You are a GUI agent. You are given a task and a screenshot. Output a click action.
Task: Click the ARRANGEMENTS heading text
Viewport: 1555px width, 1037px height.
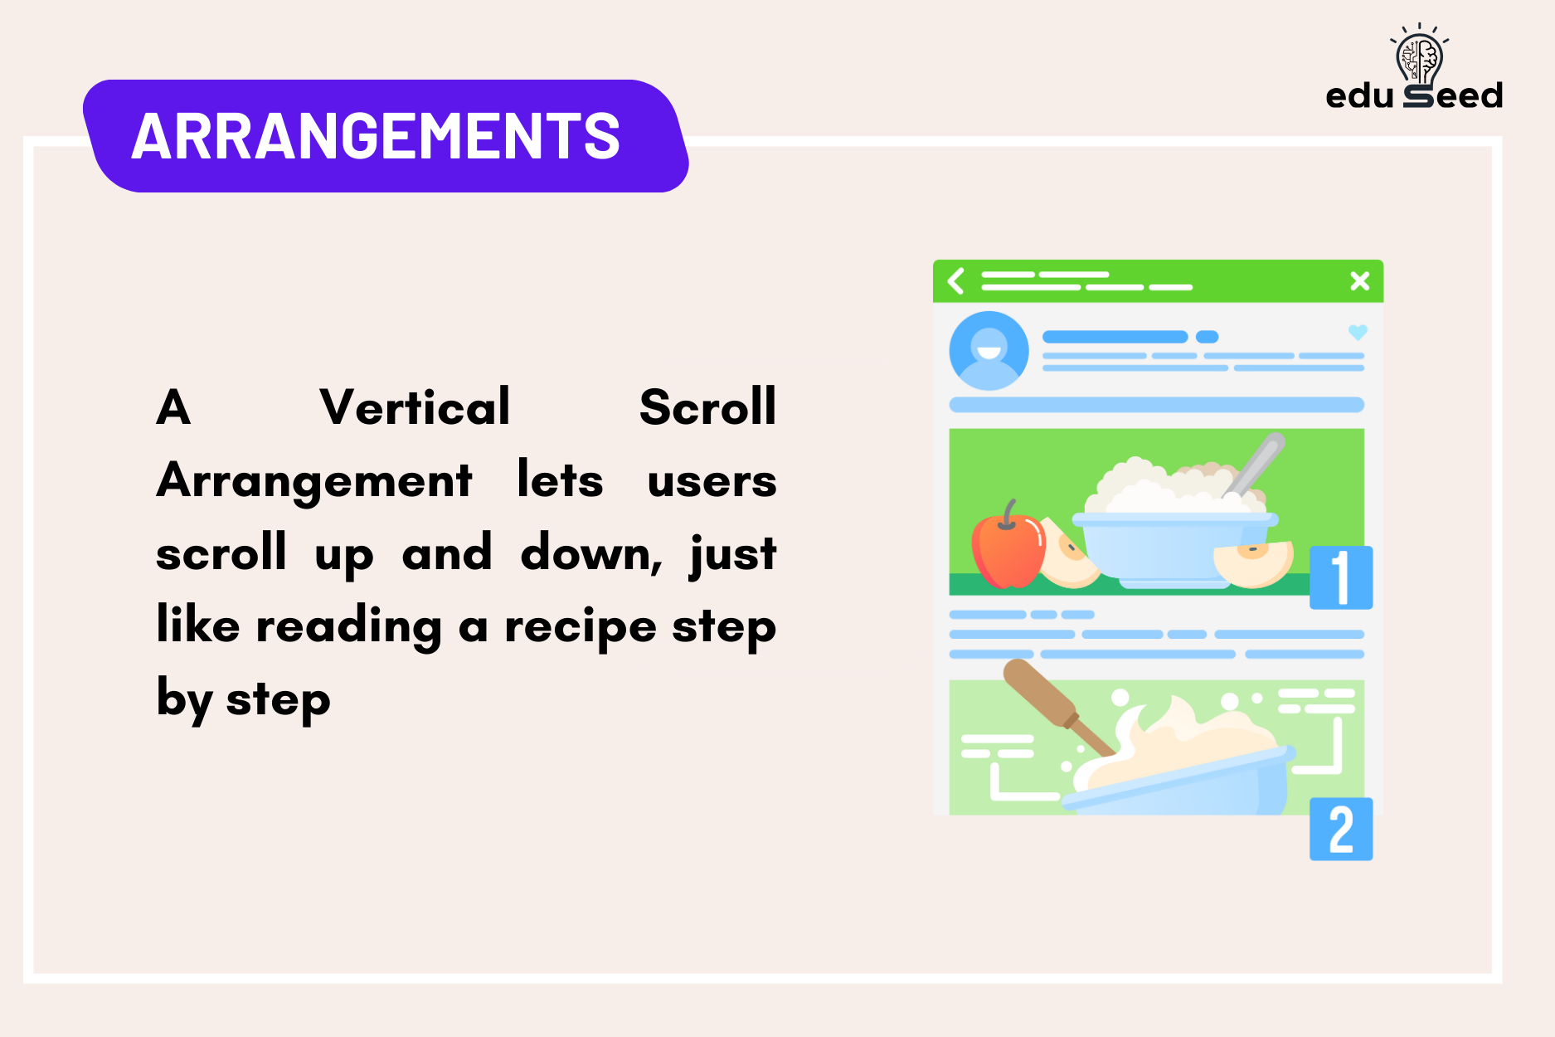(x=376, y=136)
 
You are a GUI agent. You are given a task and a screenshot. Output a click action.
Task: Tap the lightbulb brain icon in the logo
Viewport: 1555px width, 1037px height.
(x=1419, y=56)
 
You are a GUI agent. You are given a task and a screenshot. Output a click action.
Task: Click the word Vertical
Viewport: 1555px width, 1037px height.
(x=415, y=407)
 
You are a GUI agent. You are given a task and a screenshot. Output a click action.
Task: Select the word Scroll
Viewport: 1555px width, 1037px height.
(x=707, y=407)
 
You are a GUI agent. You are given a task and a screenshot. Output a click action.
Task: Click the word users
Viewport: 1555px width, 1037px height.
(x=712, y=481)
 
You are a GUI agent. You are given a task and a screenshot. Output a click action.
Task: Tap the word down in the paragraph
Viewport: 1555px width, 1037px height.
(x=590, y=553)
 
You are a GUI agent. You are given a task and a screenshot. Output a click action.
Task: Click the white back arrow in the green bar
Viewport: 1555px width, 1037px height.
(x=956, y=281)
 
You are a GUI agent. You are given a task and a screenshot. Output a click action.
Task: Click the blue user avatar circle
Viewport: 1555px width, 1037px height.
(x=989, y=351)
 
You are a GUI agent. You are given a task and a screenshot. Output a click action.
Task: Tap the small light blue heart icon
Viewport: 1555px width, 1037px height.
(x=1358, y=332)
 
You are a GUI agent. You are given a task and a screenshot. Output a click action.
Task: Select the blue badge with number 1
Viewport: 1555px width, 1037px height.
(x=1341, y=577)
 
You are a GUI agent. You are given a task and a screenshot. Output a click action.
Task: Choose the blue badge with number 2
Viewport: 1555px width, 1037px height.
(x=1341, y=829)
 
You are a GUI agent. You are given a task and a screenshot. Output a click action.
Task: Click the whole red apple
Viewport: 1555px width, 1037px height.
(x=1008, y=549)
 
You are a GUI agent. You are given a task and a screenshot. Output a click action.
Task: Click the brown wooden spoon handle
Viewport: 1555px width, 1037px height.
(x=1041, y=693)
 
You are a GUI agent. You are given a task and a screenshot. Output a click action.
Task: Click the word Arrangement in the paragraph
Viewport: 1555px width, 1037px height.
(x=314, y=481)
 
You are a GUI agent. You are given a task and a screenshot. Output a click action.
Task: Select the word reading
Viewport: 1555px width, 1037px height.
(x=349, y=627)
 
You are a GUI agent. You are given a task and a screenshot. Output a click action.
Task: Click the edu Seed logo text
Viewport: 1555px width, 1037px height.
(x=1414, y=96)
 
